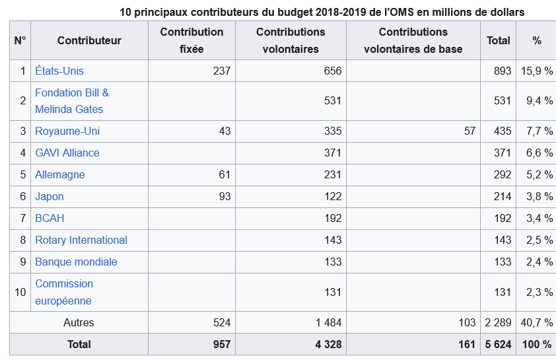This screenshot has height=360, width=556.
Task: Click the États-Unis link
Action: [59, 71]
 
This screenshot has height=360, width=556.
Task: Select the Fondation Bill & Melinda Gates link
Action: [71, 101]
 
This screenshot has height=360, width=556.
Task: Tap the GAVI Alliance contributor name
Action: [67, 153]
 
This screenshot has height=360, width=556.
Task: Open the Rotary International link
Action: [81, 240]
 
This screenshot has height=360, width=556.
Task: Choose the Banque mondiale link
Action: [76, 262]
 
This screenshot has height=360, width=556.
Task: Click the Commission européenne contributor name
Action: [63, 292]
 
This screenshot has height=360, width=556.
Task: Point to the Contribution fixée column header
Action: [191, 40]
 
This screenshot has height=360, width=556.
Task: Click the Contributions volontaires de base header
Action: [413, 40]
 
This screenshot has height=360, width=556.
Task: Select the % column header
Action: [536, 40]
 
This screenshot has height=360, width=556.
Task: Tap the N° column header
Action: [20, 40]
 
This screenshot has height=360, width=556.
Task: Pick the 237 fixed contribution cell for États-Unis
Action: [222, 71]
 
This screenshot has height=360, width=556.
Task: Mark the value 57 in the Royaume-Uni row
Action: [469, 131]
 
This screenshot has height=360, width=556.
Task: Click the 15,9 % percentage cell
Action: [539, 71]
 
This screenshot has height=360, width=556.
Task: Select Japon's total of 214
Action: [503, 197]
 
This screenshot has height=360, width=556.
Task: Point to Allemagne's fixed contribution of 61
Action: [225, 175]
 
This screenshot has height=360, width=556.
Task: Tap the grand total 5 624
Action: [498, 344]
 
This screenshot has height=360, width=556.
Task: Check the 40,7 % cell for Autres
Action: [539, 323]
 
